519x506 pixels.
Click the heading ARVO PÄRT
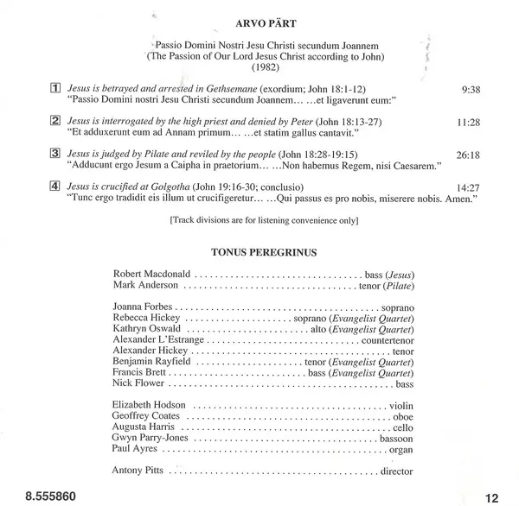(260, 15)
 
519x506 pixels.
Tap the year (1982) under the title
(259, 66)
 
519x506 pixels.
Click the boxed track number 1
(54, 88)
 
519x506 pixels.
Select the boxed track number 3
(54, 154)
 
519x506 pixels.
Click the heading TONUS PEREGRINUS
(260, 254)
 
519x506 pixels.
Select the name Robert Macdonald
(151, 274)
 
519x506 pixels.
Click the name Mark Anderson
(144, 286)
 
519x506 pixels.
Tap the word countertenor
(386, 340)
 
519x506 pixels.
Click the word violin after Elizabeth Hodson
(399, 405)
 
